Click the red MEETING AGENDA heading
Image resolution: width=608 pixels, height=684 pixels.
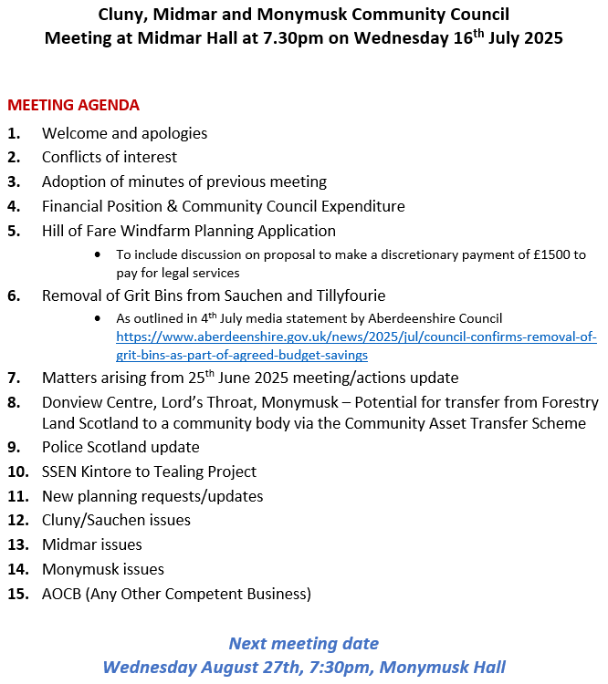tap(73, 105)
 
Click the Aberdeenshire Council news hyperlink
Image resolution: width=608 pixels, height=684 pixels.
tap(356, 346)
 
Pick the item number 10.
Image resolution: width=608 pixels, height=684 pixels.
tap(17, 472)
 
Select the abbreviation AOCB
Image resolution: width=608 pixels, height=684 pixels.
tap(64, 594)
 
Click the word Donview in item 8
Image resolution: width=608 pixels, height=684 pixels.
tap(71, 401)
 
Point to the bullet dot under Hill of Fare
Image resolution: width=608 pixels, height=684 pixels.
tap(98, 255)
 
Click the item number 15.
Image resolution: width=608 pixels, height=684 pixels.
tap(17, 594)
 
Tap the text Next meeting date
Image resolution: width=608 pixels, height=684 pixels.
tap(303, 643)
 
